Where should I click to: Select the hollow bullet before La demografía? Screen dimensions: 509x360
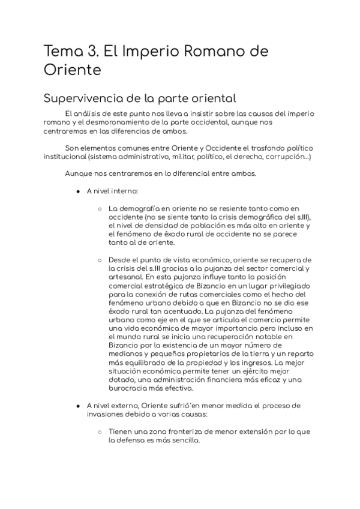(x=100, y=208)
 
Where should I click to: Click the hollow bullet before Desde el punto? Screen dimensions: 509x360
(x=100, y=260)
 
